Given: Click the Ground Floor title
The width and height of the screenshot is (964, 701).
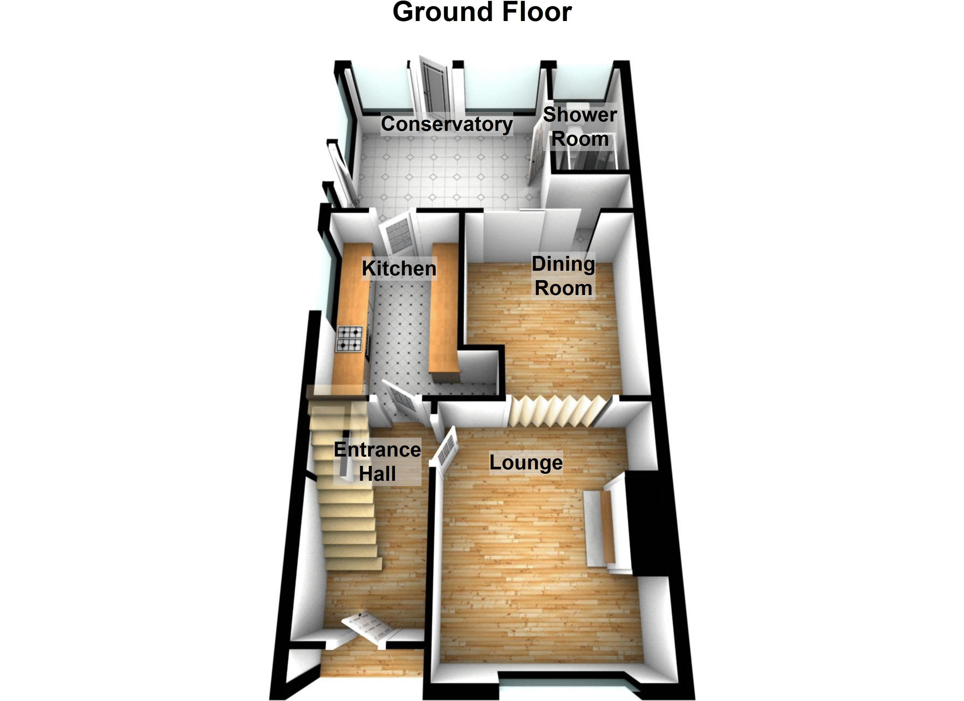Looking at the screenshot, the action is click(x=482, y=12).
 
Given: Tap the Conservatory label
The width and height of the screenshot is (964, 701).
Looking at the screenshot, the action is click(x=447, y=124).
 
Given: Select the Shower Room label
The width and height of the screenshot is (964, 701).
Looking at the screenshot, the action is click(x=580, y=127).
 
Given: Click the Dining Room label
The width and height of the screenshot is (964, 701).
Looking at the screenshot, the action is click(x=563, y=276).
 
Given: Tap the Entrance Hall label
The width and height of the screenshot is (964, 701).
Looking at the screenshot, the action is click(x=377, y=462).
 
